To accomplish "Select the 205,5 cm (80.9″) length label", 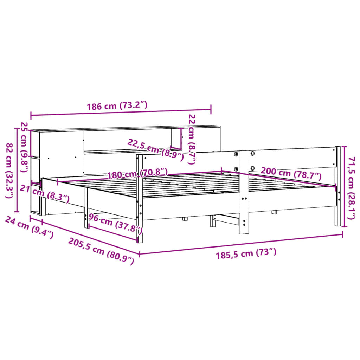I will [101, 251].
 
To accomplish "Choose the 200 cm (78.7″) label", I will [291, 173].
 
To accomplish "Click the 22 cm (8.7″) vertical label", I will [192, 139].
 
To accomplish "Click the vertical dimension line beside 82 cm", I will [17, 170].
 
